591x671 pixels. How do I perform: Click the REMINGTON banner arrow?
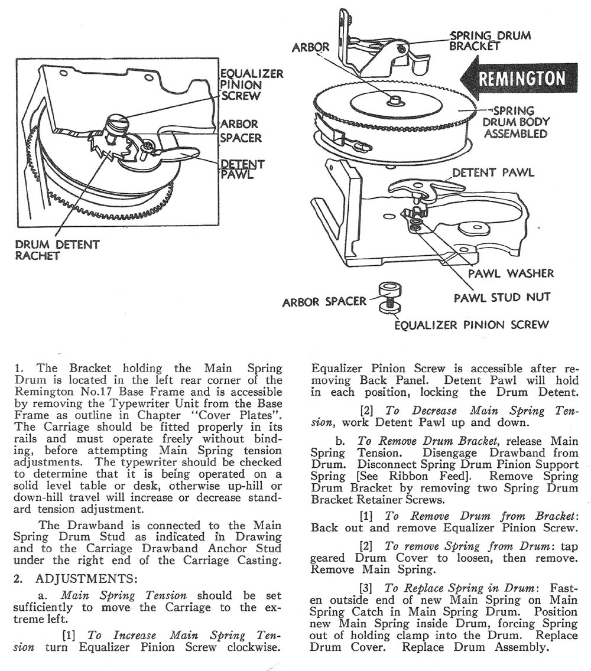coord(520,79)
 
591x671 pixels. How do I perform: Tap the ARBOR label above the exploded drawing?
coord(311,47)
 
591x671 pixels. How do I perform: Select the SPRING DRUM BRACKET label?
coord(490,41)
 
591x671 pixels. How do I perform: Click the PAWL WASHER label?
coord(511,273)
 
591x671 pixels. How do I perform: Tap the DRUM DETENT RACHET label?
coord(57,250)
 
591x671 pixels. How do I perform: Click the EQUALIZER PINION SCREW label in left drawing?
coord(251,84)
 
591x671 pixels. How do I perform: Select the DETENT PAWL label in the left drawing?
coord(242,168)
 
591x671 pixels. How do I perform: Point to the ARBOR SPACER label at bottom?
coord(324,302)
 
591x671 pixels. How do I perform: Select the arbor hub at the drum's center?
coord(394,101)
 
